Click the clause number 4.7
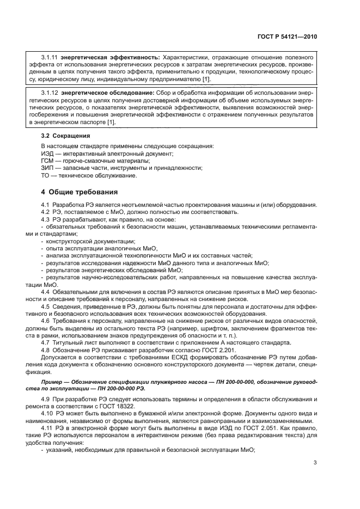[x=47, y=343]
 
